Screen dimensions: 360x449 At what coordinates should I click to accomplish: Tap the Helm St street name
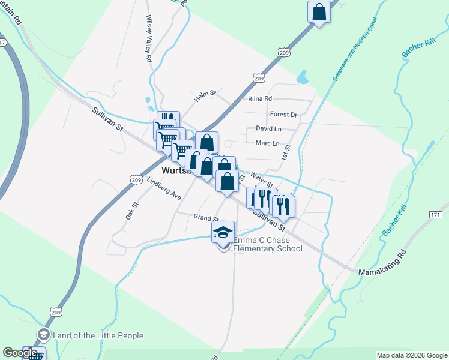point(204,96)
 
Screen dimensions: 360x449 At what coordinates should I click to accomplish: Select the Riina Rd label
point(260,99)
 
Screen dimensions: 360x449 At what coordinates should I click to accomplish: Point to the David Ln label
point(268,128)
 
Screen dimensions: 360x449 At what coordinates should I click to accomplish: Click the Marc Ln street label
point(268,143)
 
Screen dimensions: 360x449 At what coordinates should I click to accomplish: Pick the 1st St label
point(287,152)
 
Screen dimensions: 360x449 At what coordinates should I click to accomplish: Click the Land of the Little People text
point(98,335)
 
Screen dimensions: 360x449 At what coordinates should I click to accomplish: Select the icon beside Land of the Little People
point(43,334)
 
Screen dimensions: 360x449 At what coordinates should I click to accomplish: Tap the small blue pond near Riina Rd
point(303,77)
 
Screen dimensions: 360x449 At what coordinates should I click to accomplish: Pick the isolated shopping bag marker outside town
point(319,11)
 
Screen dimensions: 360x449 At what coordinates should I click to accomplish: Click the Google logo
point(20,353)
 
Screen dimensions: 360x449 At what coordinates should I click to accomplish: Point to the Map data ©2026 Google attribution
point(411,355)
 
